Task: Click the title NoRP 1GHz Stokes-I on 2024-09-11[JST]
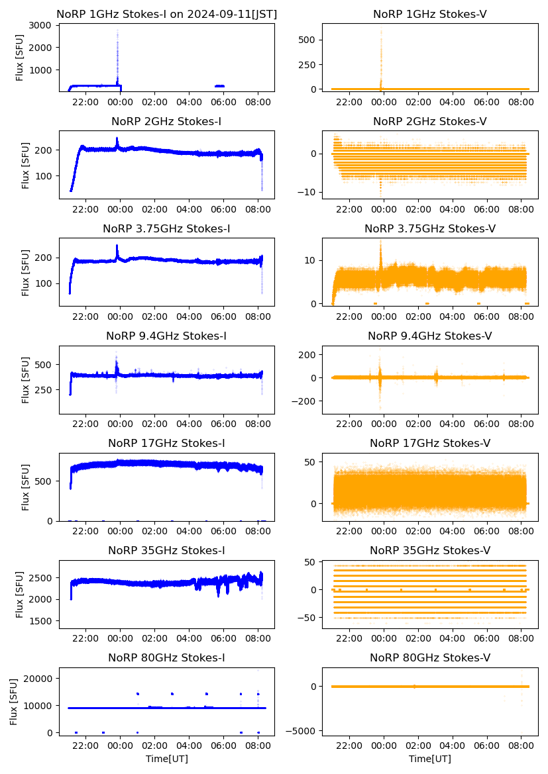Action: coord(166,14)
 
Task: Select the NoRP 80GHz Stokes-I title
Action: coord(166,657)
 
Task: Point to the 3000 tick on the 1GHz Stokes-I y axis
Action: coord(43,25)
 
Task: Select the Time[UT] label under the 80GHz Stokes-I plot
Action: coord(166,759)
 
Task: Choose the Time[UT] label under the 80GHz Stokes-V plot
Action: coord(430,759)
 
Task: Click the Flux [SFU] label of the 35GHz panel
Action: coord(20,595)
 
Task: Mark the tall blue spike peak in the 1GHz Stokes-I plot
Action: coord(117,32)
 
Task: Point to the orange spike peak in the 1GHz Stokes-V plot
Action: coord(381,31)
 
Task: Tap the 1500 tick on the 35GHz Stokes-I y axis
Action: coord(43,621)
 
